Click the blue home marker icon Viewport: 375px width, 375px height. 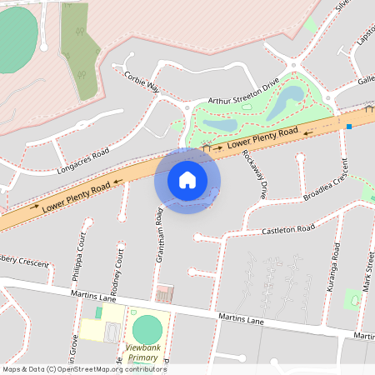187,179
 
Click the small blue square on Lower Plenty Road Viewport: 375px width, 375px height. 349,127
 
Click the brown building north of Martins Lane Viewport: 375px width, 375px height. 164,293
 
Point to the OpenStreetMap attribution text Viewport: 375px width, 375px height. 83,369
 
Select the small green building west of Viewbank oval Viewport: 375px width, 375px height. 98,312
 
